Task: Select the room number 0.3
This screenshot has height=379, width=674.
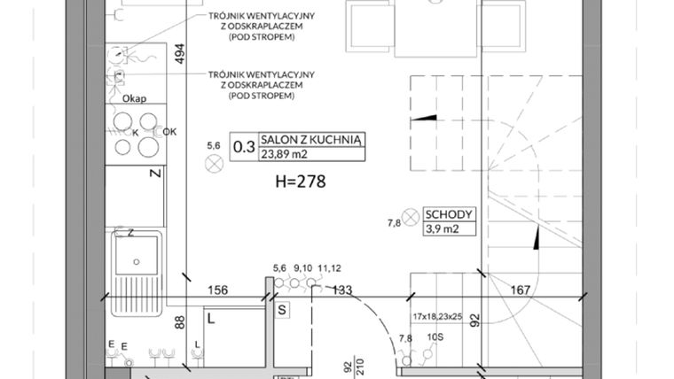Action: click(x=242, y=148)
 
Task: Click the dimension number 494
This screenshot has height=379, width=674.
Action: click(x=180, y=54)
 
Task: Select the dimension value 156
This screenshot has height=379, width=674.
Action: click(x=217, y=289)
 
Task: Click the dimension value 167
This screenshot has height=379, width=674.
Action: click(x=521, y=289)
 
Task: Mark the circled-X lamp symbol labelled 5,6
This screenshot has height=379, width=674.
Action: click(x=213, y=162)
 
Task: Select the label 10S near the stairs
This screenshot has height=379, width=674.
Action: click(x=436, y=338)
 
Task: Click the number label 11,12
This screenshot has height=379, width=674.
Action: click(x=329, y=268)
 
